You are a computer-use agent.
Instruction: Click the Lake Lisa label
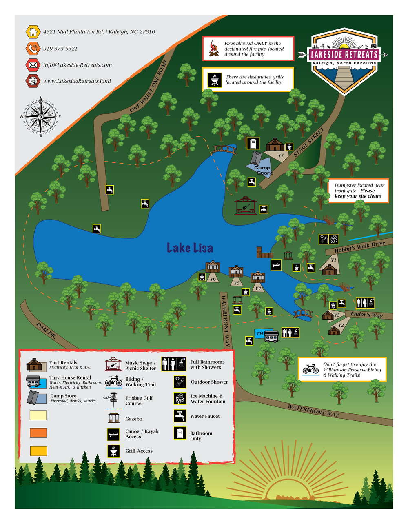(190, 248)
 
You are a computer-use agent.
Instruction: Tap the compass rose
(40, 117)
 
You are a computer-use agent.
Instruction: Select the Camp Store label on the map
(263, 170)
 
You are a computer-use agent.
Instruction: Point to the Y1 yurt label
(333, 260)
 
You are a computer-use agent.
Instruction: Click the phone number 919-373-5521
(60, 49)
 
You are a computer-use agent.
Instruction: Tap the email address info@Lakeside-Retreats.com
(78, 65)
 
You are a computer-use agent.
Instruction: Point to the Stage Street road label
(309, 142)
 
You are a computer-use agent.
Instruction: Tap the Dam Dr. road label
(46, 330)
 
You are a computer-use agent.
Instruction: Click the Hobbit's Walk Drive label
(359, 247)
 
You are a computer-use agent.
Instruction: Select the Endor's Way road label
(366, 315)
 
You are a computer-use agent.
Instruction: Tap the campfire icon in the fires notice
(213, 48)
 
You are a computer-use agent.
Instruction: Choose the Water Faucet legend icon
(180, 416)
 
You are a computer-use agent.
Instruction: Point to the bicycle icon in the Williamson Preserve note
(310, 369)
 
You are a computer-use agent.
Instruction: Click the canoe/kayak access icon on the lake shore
(276, 265)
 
